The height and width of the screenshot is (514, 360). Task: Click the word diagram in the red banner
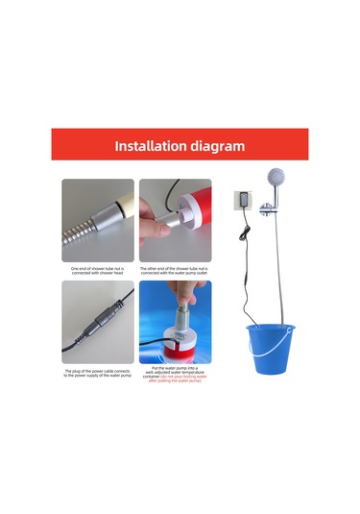(x=216, y=147)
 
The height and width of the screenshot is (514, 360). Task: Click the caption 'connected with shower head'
(x=98, y=273)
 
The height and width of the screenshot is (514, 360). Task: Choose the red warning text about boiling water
(x=175, y=381)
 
